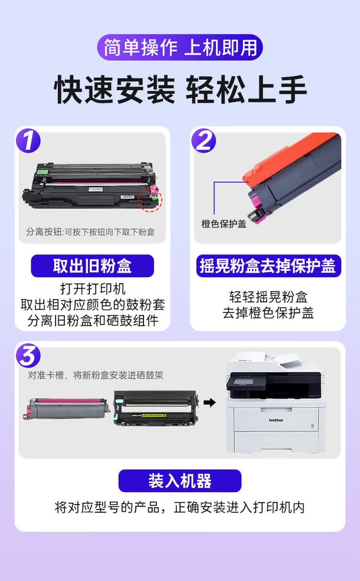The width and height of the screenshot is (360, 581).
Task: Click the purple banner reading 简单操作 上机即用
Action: pos(180,47)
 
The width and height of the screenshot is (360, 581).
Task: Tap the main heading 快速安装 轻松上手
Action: pos(180,89)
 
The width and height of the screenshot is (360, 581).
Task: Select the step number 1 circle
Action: pos(28,142)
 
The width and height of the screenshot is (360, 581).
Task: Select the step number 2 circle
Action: pos(204,142)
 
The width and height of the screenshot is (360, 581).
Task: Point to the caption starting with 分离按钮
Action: pos(90,232)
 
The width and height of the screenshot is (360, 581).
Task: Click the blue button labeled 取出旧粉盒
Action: pos(92,266)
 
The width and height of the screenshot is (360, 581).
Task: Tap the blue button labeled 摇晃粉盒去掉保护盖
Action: pos(268,266)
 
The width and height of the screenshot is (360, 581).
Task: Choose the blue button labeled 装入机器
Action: pos(180,481)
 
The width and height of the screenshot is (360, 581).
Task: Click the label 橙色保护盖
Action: pos(224,224)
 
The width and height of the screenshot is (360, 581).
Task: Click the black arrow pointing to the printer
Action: pos(209,402)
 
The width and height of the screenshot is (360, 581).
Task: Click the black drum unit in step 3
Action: pos(156,408)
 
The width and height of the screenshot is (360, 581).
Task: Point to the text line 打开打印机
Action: pos(93,289)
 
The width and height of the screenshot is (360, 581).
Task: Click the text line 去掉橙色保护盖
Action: pos(268,313)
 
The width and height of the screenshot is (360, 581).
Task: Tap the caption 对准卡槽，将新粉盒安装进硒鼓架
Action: pos(96,375)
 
